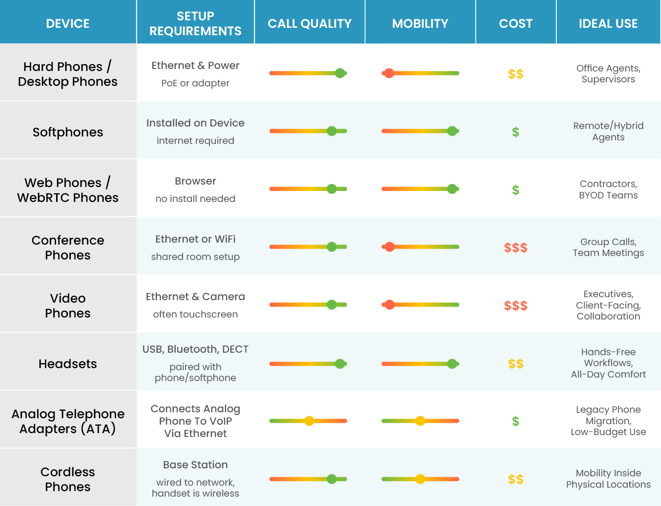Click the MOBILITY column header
[x=420, y=23]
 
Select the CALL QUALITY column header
[x=309, y=23]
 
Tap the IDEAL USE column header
[x=608, y=23]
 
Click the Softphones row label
[x=68, y=132]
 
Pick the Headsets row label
[x=68, y=364]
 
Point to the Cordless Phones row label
[x=68, y=479]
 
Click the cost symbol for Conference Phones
[x=516, y=248]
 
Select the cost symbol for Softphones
[x=516, y=132]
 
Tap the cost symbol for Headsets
[x=516, y=364]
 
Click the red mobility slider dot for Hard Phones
[x=390, y=73]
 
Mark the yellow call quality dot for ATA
[x=309, y=421]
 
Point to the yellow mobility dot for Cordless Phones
[x=420, y=479]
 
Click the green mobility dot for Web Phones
[x=452, y=189]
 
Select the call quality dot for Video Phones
[x=332, y=305]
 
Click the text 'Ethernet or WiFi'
[x=196, y=239]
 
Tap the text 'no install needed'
[x=196, y=199]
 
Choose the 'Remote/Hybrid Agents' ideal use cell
[x=608, y=131]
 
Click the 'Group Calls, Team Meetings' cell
[x=608, y=247]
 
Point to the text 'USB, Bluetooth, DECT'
[x=196, y=349]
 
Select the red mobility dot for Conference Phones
[x=390, y=247]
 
